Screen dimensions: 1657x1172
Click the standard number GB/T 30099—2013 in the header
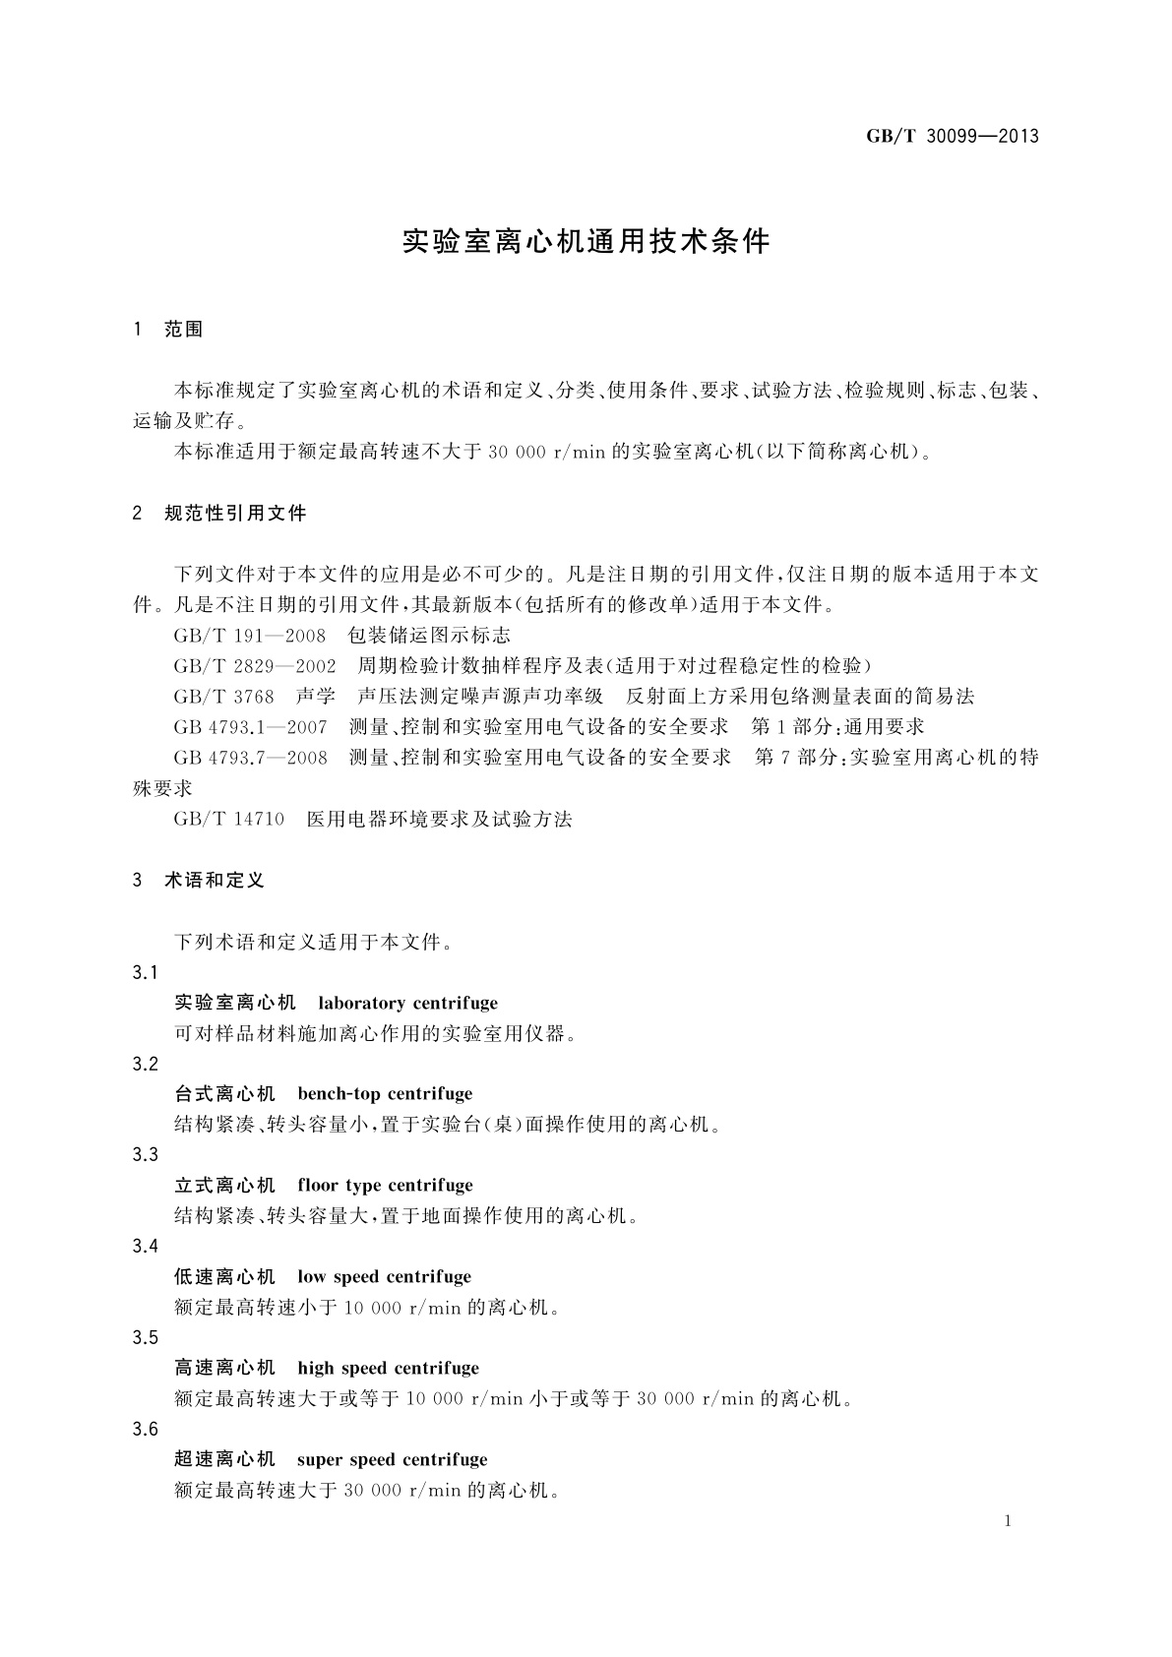(952, 137)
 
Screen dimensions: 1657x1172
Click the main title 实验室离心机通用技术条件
(586, 242)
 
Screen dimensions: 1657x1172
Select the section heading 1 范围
(167, 330)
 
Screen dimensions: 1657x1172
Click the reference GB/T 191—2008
(249, 636)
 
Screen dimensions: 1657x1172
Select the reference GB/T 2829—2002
(254, 666)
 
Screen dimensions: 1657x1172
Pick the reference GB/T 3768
(223, 697)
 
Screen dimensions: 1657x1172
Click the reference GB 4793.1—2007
(250, 727)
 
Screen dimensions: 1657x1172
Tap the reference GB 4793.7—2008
(250, 758)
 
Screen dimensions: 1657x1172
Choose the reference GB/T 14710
(228, 819)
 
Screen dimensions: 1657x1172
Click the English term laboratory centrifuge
(407, 1004)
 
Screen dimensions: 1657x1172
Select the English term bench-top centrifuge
(385, 1094)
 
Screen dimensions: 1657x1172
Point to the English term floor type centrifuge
(385, 1186)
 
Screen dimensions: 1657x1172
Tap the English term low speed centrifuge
(384, 1277)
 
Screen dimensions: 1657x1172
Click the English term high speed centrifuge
(388, 1369)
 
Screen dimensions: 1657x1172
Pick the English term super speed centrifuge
(392, 1460)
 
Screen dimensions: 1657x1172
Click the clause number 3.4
(145, 1247)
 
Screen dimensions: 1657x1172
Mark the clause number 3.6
(145, 1430)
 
